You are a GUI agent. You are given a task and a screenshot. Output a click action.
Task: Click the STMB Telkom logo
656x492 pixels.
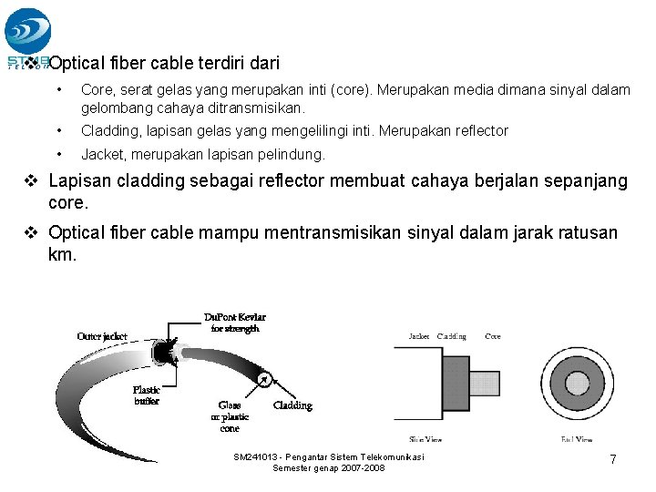coord(27,36)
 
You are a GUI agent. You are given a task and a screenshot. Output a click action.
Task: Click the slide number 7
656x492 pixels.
coord(613,460)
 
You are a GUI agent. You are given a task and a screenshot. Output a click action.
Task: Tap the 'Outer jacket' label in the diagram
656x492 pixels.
coord(102,335)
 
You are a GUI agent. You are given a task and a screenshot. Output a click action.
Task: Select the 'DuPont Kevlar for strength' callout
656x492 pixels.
coord(234,323)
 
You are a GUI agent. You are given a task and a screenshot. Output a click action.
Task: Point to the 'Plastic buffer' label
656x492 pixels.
coord(148,395)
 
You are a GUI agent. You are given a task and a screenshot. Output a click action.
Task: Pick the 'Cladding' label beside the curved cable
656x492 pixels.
coord(292,405)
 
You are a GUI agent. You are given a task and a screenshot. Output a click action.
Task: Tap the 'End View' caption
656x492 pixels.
coord(578,439)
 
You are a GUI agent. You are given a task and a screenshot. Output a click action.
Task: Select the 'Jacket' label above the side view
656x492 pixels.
coord(419,336)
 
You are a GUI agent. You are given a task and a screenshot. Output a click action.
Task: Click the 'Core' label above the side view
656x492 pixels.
coord(492,336)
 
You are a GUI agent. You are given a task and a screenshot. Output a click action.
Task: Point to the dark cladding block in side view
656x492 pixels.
coord(455,381)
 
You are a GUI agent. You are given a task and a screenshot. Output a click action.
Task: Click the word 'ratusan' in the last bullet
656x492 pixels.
coord(589,233)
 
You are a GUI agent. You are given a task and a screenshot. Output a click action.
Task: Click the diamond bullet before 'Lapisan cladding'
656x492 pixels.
coord(29,181)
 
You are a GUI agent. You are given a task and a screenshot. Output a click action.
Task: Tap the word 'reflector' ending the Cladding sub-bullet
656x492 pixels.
coord(475,131)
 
